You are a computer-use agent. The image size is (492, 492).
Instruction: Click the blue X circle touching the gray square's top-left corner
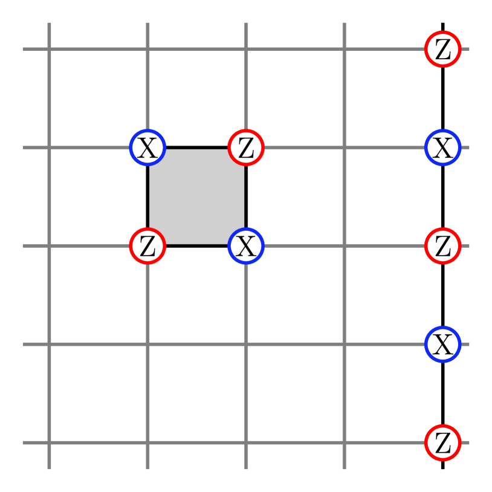tap(147, 147)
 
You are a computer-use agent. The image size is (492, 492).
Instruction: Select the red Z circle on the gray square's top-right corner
tap(246, 147)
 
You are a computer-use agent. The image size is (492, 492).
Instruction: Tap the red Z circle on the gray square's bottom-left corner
tap(147, 245)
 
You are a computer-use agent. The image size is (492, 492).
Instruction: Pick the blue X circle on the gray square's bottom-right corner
tap(246, 245)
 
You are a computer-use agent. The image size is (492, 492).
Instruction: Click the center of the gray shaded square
tap(197, 196)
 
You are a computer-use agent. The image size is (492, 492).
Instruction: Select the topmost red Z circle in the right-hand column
tap(443, 49)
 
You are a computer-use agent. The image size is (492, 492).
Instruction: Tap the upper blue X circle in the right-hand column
tap(443, 147)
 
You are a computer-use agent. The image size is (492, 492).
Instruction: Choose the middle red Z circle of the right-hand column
tap(443, 245)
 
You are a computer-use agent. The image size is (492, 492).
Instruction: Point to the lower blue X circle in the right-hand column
tap(443, 344)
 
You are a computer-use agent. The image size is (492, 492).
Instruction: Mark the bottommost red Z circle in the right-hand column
tap(443, 442)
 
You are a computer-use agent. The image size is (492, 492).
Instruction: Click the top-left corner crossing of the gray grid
tap(49, 49)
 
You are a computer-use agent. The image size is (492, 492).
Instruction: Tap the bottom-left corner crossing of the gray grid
tap(49, 442)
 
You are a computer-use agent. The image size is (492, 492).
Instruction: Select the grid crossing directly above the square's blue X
tap(147, 49)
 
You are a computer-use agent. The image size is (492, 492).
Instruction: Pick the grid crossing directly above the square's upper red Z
tap(246, 49)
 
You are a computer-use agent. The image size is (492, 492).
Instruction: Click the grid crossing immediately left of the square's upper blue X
tap(49, 147)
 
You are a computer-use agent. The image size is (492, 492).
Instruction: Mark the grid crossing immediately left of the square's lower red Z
tap(49, 245)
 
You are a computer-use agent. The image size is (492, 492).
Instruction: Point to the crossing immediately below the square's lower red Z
tap(147, 344)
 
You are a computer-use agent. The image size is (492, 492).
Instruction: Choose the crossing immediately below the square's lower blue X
tap(246, 344)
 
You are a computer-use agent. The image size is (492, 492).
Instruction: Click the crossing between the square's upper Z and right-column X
tap(345, 147)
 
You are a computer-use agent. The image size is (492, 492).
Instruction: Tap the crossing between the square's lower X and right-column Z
tap(345, 245)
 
